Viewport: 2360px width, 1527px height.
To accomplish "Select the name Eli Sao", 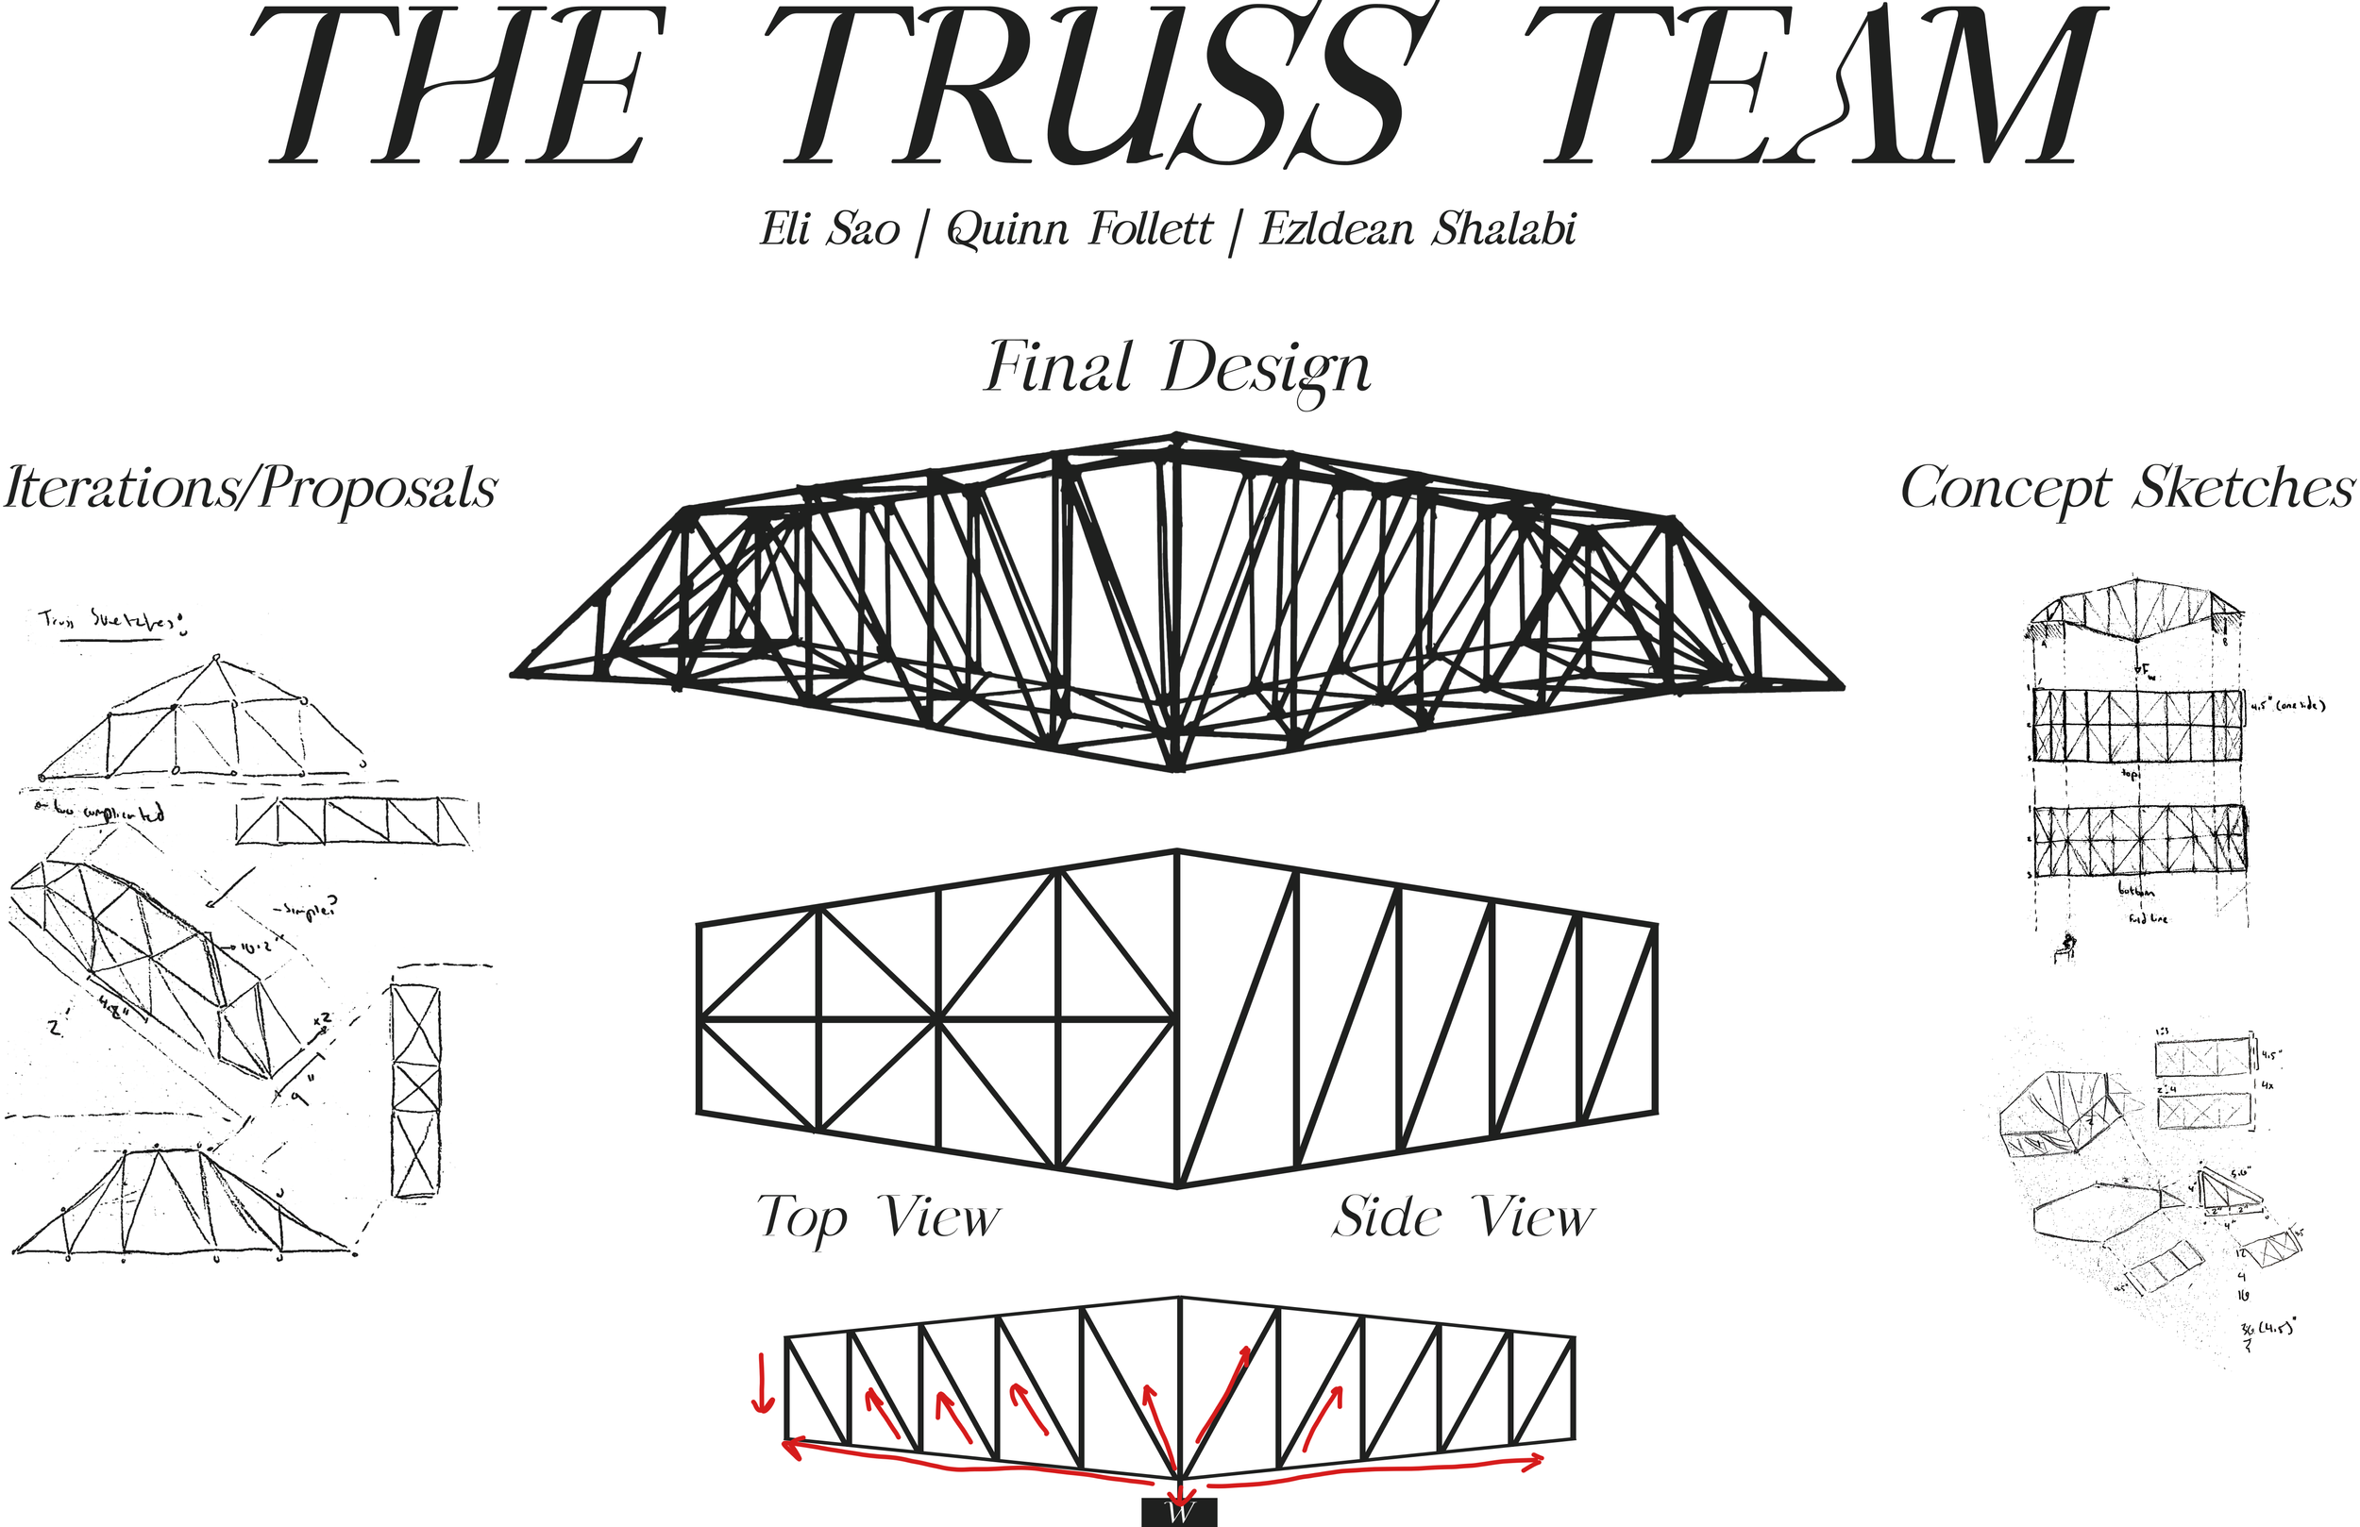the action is coord(830,230).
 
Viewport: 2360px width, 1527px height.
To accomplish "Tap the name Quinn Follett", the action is coord(1079,230).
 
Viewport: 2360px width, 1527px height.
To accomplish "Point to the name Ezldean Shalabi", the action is coord(1418,230).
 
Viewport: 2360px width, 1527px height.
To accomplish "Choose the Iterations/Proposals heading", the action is coord(250,488).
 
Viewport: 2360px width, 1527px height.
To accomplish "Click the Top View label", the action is coord(879,1216).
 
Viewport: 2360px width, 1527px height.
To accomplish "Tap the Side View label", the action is coord(1463,1216).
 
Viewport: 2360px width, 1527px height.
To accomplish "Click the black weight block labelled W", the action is coord(1179,1514).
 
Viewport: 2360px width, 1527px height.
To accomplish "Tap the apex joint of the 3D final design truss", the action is coord(1177,437).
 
